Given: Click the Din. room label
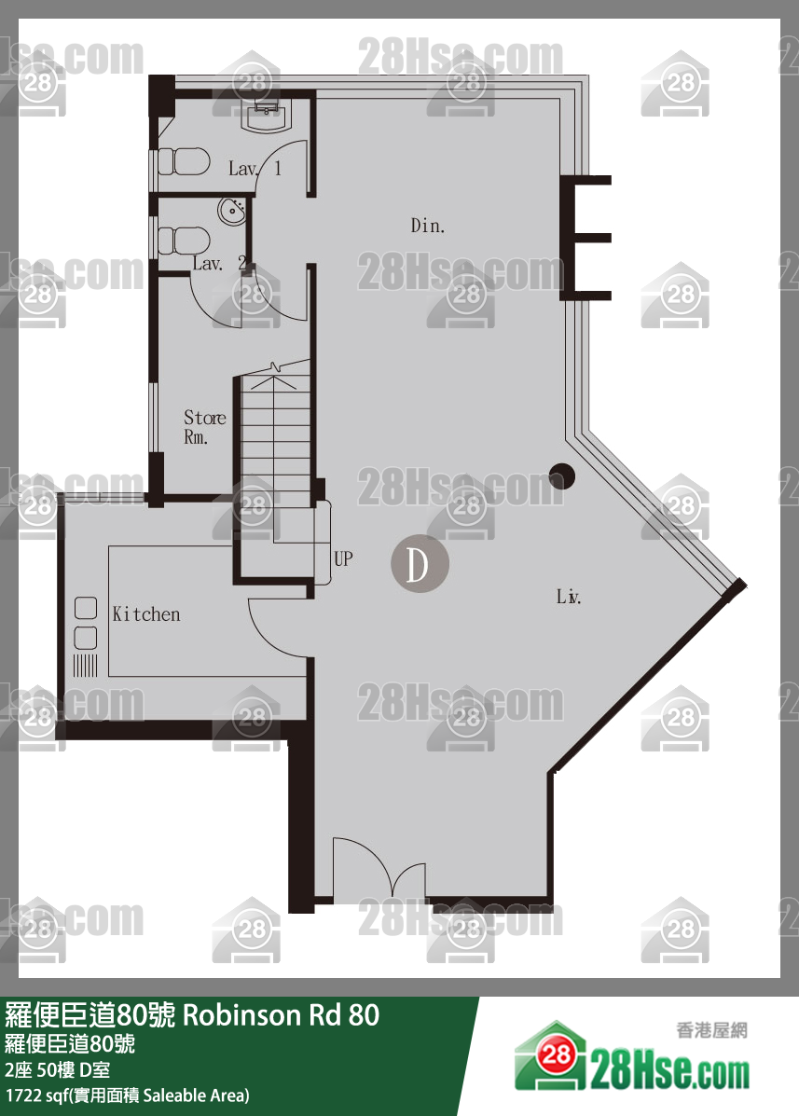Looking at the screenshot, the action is pyautogui.click(x=428, y=226).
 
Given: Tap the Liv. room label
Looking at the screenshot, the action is pyautogui.click(x=569, y=597).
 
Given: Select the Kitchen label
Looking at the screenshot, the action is pyautogui.click(x=145, y=614).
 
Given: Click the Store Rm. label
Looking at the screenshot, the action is pyautogui.click(x=204, y=426).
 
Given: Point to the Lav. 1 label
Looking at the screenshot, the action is pyautogui.click(x=255, y=169).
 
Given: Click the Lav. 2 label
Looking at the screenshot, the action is pyautogui.click(x=219, y=263).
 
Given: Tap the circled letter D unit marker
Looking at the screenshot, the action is pyautogui.click(x=419, y=564).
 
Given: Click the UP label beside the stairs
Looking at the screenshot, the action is pyautogui.click(x=343, y=558).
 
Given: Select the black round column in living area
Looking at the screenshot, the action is pyautogui.click(x=561, y=476).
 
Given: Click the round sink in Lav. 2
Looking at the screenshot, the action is pyautogui.click(x=232, y=212).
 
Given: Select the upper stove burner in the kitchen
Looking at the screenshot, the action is pyautogui.click(x=86, y=608).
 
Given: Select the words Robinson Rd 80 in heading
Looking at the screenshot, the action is pyautogui.click(x=282, y=1015).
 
